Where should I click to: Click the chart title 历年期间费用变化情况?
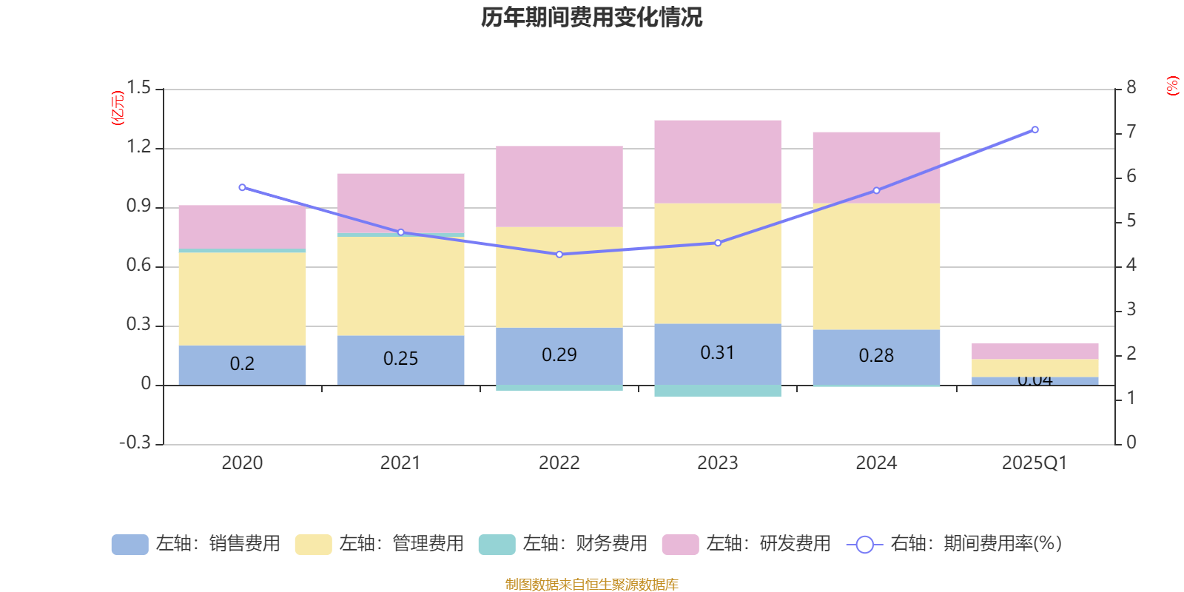coord(591,17)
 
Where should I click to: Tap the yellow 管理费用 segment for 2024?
coord(876,266)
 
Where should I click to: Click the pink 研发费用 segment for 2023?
coord(717,161)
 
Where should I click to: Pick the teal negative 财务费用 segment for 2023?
coord(717,391)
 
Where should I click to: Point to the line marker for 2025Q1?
coord(1035,129)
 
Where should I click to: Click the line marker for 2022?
coord(559,255)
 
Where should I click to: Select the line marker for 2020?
coord(242,187)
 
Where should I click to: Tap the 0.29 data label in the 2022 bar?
coord(559,355)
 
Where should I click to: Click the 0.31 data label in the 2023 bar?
coord(717,353)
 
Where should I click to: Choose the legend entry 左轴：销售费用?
coord(196,544)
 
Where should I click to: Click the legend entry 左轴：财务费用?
coord(563,544)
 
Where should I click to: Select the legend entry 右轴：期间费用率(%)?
coord(955,544)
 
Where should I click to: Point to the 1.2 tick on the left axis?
coord(138,147)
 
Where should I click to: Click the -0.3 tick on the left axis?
coord(135,443)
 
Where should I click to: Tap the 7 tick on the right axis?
coord(1131,132)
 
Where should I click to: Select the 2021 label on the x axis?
coord(400,463)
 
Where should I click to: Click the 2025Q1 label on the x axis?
coord(1034,463)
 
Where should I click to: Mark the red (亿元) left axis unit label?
coord(117,109)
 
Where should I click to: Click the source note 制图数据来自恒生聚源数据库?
coord(591,585)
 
